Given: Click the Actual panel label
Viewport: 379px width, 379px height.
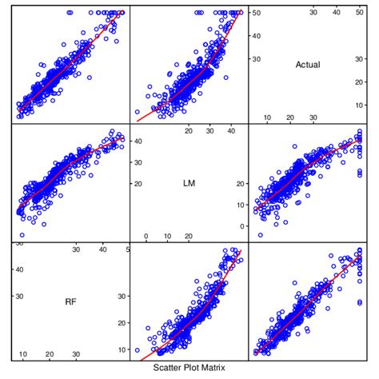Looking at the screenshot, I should click(307, 65).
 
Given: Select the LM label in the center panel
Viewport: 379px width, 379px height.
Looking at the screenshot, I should click(189, 183).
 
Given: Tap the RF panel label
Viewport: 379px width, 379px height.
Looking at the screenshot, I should click(70, 301).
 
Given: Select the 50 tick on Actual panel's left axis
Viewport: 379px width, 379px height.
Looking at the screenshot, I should click(255, 13).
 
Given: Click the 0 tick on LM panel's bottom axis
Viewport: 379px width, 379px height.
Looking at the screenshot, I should click(146, 236).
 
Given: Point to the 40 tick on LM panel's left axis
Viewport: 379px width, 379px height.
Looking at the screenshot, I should click(137, 142).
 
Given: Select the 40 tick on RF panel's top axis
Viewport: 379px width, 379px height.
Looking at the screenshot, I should click(102, 249).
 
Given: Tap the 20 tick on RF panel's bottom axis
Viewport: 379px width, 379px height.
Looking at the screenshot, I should click(50, 354).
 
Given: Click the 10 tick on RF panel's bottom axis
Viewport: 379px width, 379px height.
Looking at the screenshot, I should click(23, 354).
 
